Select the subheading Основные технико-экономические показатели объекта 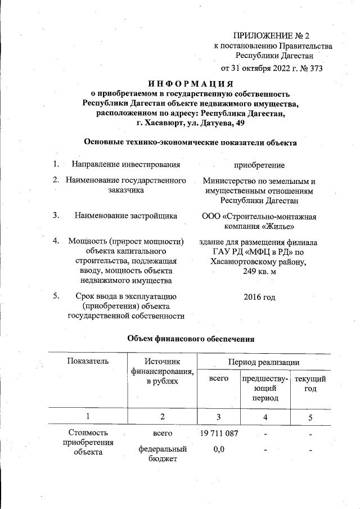tap(190, 142)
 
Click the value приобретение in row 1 tap(259, 165)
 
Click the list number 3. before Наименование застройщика tap(56, 215)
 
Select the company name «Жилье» tap(279, 226)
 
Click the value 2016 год tap(259, 296)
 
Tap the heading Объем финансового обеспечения tap(191, 339)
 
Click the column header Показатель tap(87, 361)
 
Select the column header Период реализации tap(263, 361)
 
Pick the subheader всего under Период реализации tap(219, 379)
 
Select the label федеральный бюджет tap(162, 454)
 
